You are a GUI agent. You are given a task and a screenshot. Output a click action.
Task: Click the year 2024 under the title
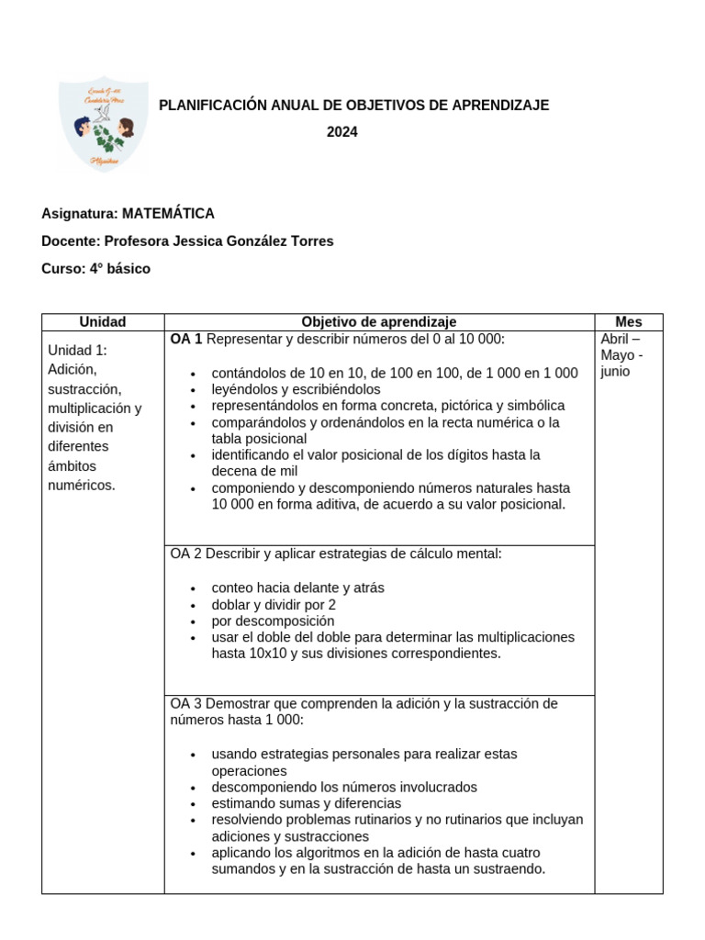click(342, 132)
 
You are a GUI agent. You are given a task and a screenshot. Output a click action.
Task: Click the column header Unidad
click(103, 322)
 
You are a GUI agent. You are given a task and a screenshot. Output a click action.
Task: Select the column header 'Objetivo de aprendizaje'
click(379, 322)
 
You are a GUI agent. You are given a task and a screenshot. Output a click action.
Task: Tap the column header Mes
click(629, 322)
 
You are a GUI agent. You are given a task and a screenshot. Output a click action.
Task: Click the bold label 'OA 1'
click(186, 340)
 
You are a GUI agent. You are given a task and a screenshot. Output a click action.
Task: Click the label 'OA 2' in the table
click(186, 554)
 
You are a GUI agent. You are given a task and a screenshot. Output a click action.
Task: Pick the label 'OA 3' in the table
click(186, 704)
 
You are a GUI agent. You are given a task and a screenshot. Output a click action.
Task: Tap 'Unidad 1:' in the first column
click(78, 350)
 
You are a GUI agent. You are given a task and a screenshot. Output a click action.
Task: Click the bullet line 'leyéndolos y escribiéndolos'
click(296, 389)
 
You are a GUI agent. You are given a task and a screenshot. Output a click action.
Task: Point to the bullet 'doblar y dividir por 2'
click(274, 605)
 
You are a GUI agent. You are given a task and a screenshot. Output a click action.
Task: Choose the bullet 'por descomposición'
click(267, 621)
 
